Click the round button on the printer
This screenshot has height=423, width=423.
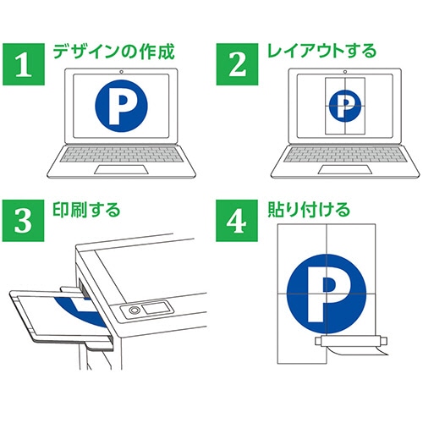(135, 311)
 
